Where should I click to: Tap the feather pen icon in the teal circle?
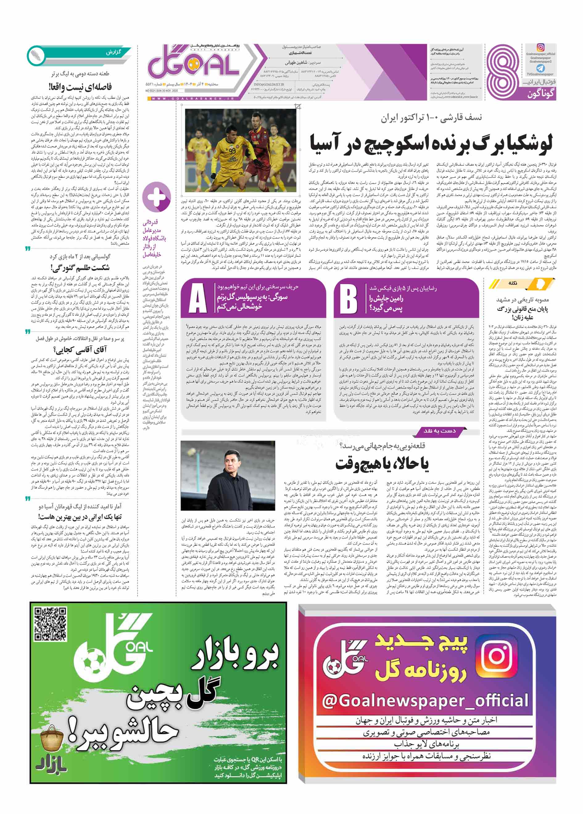click(36, 55)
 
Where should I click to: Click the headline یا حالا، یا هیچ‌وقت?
click(382, 464)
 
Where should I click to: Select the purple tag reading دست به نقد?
click(440, 431)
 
